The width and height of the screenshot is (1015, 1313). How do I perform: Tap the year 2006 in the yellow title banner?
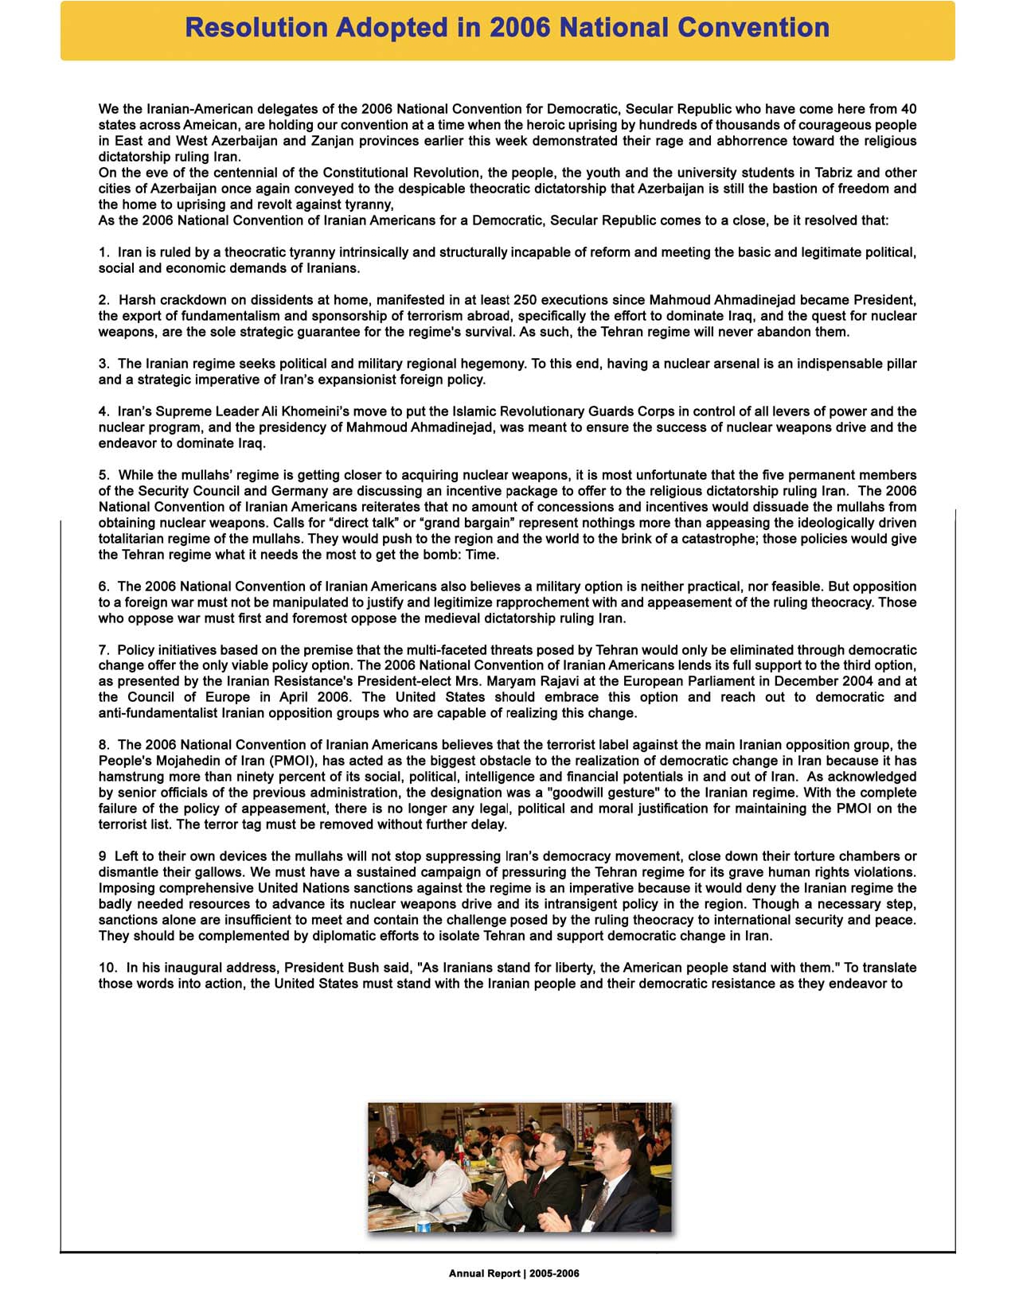tap(521, 28)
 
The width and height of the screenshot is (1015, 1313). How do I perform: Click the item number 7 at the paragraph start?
tap(103, 650)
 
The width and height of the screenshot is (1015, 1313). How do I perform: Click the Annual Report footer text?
tap(513, 1273)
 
